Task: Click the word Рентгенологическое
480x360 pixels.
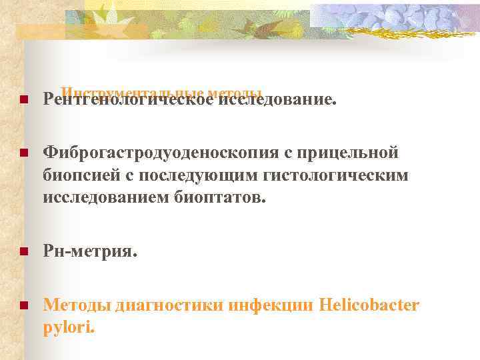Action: click(129, 101)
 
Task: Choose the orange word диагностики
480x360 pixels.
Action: click(169, 305)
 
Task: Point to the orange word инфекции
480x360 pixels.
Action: click(271, 305)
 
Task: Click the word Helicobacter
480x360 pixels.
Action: click(369, 305)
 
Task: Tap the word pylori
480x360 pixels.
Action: click(69, 327)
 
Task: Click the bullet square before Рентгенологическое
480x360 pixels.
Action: click(22, 101)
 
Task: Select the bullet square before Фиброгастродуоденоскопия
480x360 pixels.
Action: click(22, 154)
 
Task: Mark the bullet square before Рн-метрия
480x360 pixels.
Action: click(22, 251)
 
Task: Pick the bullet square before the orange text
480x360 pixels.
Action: click(22, 306)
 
